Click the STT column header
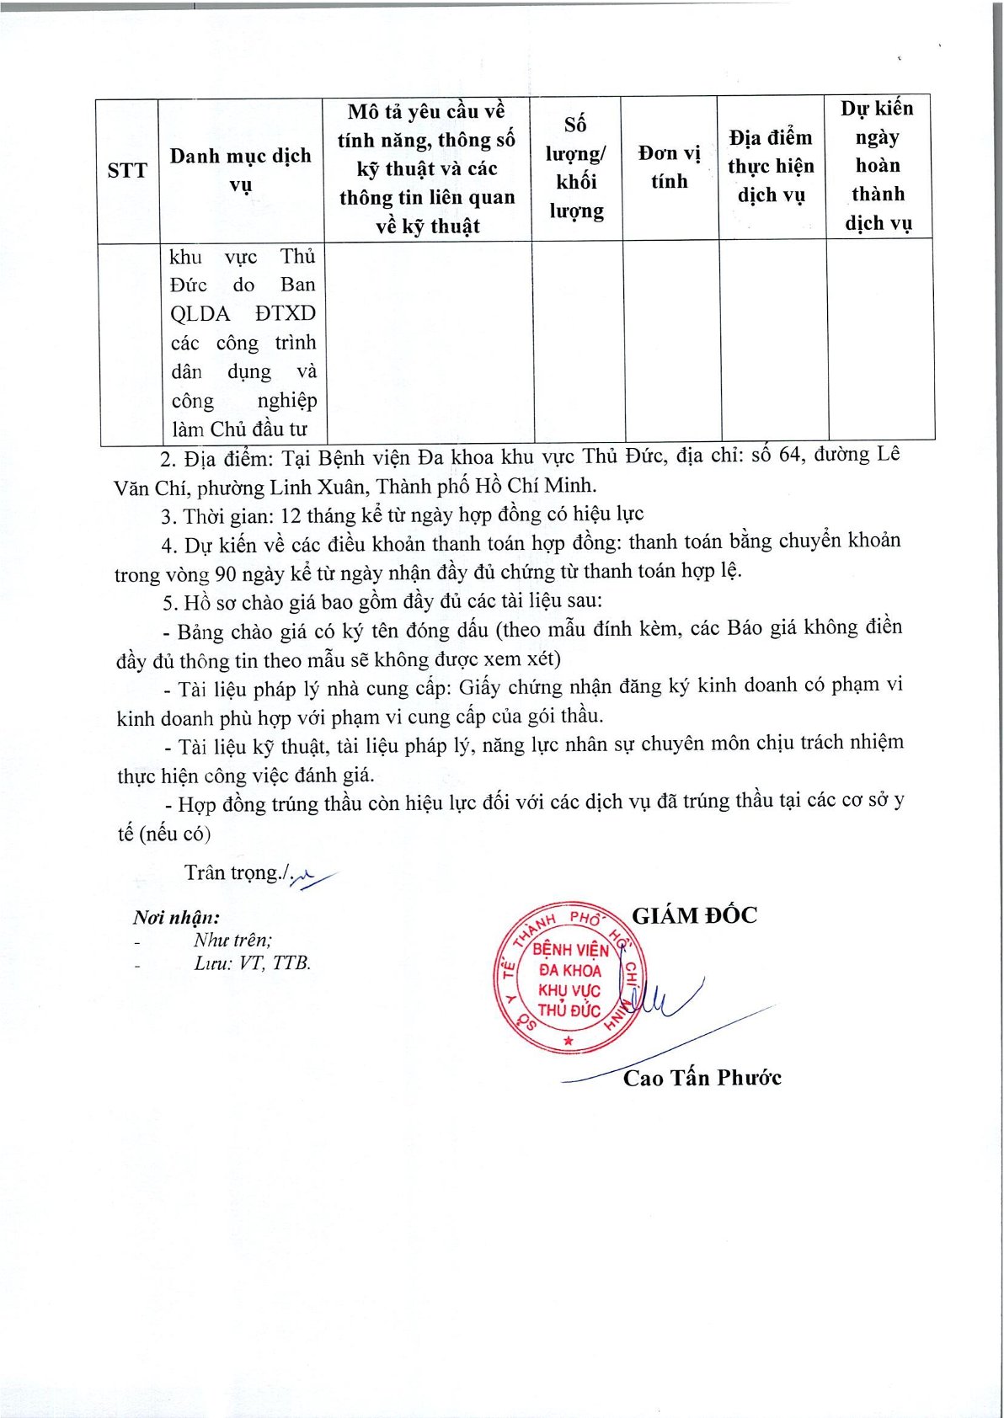(x=127, y=171)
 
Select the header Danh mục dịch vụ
(x=241, y=169)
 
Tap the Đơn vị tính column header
(x=670, y=167)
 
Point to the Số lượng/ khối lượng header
(x=577, y=168)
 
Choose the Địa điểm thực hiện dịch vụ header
(x=772, y=167)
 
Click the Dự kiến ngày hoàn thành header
(x=878, y=166)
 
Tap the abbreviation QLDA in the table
(x=200, y=314)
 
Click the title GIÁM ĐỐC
(x=695, y=916)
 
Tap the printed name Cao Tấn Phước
(x=702, y=1078)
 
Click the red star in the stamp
(x=569, y=1042)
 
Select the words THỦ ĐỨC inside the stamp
(x=569, y=1010)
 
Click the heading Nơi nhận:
(x=176, y=918)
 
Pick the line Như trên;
(x=232, y=941)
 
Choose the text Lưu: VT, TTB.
(x=252, y=963)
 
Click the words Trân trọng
(x=231, y=873)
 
